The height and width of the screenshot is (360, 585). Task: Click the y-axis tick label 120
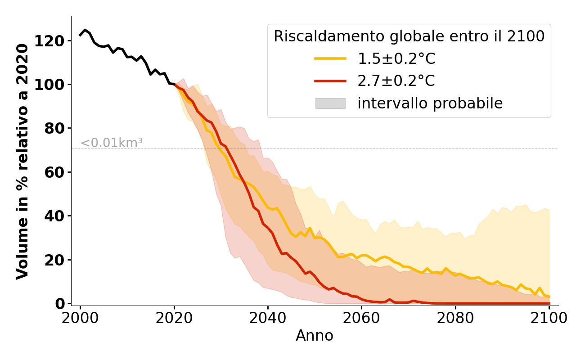[51, 41]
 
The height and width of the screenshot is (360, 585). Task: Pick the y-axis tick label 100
[51, 85]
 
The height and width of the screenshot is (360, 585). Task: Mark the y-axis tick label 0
[60, 304]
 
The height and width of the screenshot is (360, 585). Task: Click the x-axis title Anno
[315, 336]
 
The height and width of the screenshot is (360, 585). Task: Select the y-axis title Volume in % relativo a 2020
[23, 161]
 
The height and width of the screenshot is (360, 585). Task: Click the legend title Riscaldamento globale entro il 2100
[409, 36]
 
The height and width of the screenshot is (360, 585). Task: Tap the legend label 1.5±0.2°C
[396, 59]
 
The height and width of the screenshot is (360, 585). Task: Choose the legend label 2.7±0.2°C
[396, 81]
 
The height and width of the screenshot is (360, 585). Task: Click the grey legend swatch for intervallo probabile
[330, 103]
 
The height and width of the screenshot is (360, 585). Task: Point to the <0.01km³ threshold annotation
[112, 143]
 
